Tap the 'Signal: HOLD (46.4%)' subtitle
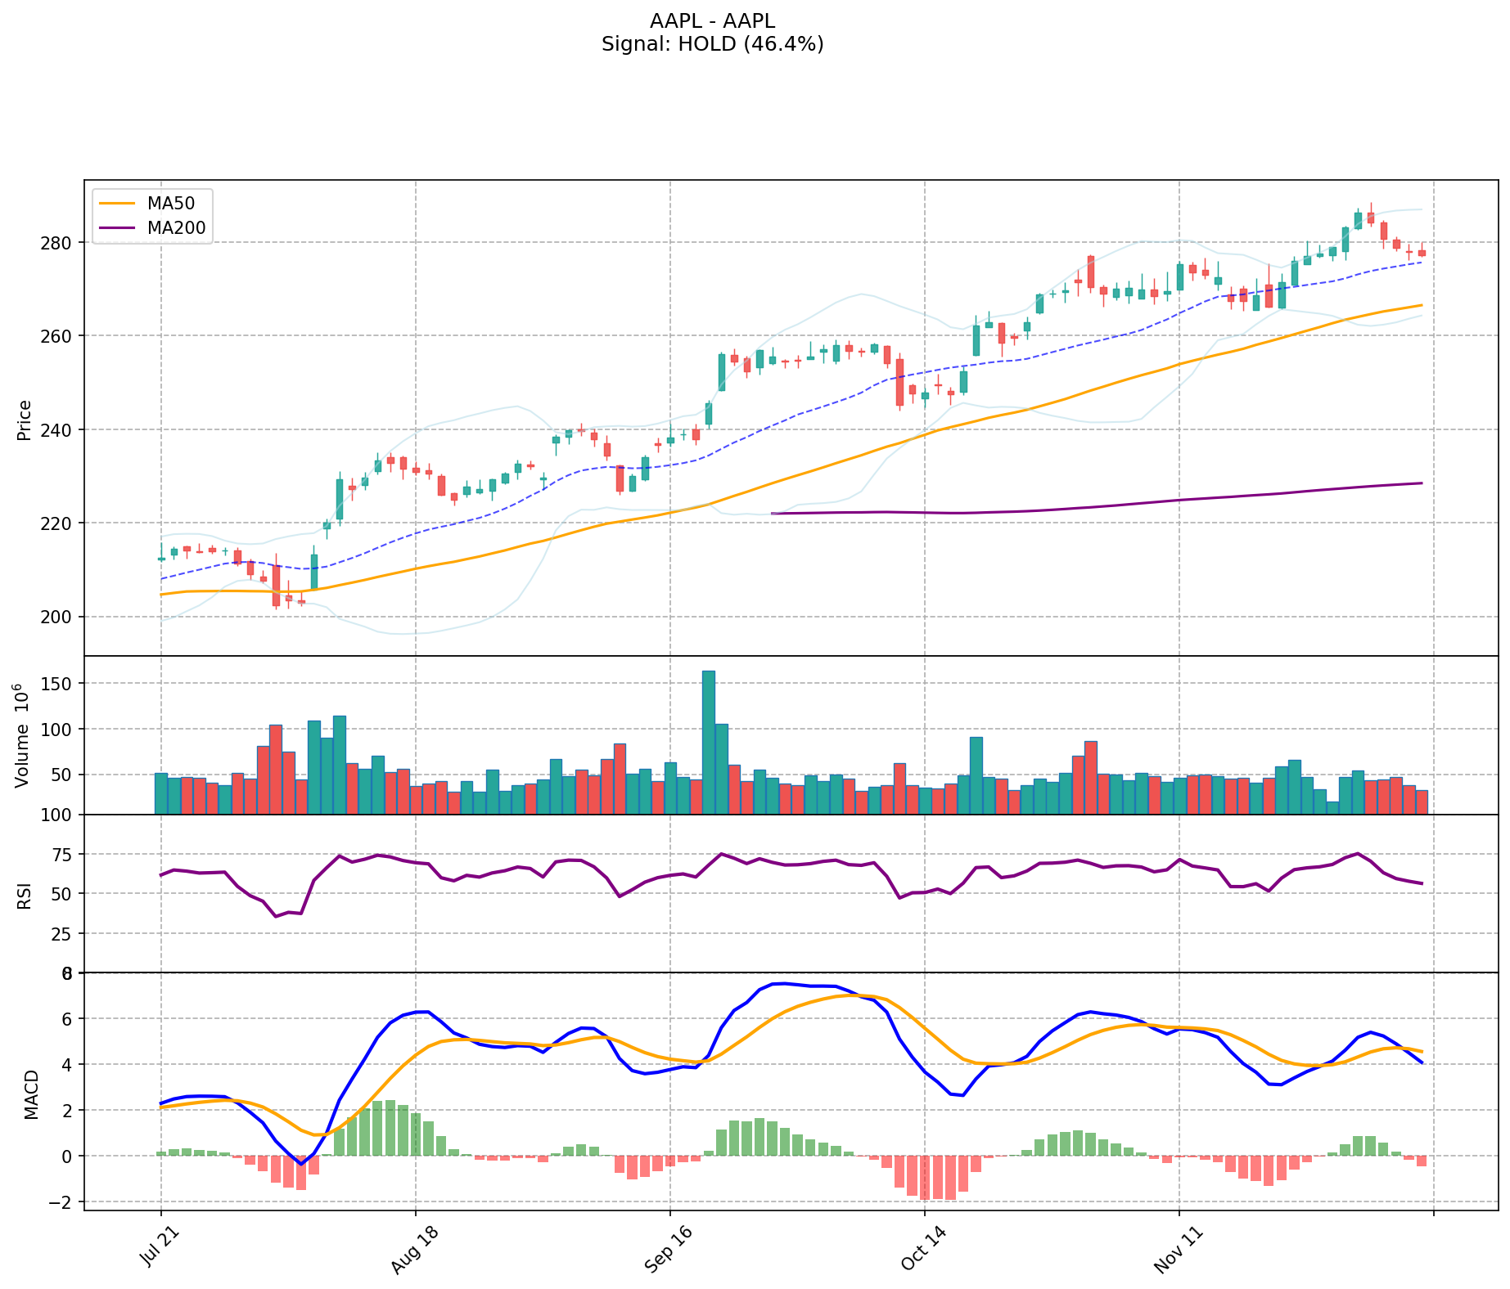712,44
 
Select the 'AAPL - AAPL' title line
712,21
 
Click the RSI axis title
24,895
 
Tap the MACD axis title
31,1094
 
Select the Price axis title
24,420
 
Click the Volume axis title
23,735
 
